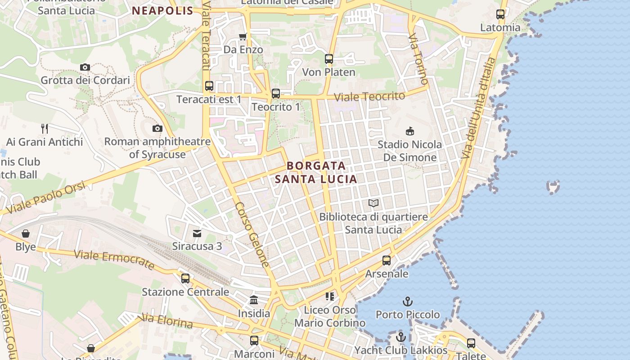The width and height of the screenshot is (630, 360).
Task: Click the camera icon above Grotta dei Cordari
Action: [85, 67]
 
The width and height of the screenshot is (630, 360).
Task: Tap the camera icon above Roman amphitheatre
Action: [157, 128]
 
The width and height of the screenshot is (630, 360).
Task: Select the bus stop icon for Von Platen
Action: [329, 59]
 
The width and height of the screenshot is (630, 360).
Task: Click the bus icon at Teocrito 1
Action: [276, 94]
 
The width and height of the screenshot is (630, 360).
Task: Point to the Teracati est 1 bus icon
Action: [209, 86]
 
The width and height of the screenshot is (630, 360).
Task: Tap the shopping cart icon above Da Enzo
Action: [243, 36]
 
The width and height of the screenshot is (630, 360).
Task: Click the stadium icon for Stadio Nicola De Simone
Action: [409, 131]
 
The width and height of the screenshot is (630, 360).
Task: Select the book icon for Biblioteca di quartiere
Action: [373, 203]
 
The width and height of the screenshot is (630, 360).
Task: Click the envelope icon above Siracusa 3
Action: [197, 233]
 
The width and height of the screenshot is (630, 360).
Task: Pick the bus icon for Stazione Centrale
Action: [185, 279]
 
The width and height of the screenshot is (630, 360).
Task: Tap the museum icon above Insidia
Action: [254, 300]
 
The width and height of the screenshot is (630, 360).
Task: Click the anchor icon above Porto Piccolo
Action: [407, 301]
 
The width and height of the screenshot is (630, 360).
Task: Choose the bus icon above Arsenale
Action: [387, 261]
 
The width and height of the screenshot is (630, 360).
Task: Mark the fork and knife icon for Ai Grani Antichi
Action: [45, 129]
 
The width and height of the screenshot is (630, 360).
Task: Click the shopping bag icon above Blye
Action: [26, 234]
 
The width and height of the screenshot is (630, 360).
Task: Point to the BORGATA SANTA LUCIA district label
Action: [316, 172]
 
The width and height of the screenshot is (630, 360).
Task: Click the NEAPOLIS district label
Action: [163, 11]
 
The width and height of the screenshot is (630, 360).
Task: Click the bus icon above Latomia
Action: [500, 14]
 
